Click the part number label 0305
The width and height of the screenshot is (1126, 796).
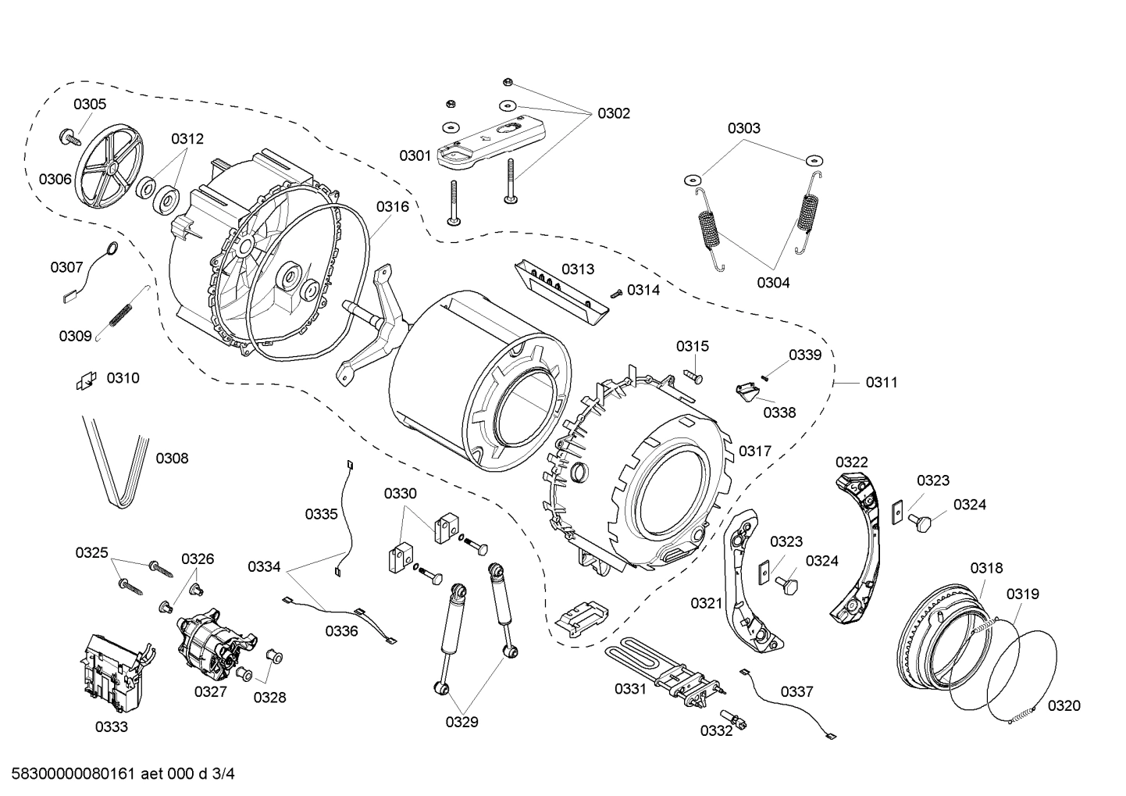point(90,104)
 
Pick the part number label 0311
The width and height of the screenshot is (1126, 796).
point(881,383)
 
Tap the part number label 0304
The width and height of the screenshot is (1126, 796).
point(772,283)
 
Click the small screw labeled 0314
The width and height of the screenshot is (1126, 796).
point(615,292)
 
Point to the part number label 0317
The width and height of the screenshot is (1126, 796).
point(755,451)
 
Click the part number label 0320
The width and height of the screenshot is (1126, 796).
point(1064,706)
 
